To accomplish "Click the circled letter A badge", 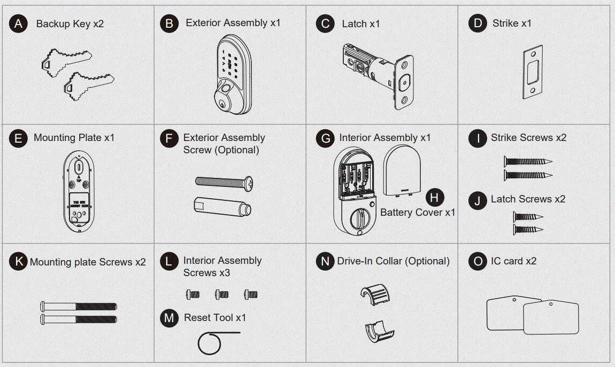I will pos(18,24).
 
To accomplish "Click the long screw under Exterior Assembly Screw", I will pos(224,182).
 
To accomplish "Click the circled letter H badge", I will pos(435,198).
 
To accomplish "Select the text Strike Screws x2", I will pos(528,138).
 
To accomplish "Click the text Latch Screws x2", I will pos(528,199).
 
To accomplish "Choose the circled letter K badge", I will pos(18,262).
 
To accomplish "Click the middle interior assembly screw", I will pos(221,294).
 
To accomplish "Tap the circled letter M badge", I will pos(169,318).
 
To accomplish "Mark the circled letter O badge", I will pos(475,261).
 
